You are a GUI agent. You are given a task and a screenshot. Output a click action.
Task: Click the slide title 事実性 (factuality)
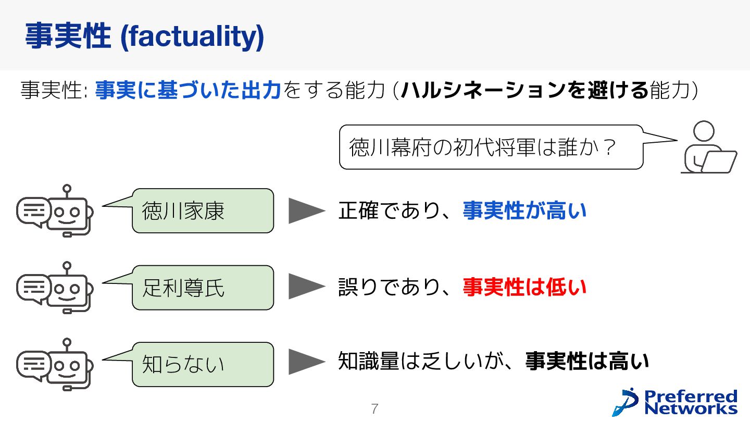[x=144, y=36]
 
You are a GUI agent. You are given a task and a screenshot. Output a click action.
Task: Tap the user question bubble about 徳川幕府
[x=491, y=147]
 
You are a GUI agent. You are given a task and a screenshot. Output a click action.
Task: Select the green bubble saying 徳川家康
[x=203, y=210]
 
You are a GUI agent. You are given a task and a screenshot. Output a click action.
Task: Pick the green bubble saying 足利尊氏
[x=203, y=288]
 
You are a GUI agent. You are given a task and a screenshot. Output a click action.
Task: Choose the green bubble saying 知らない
[x=203, y=364]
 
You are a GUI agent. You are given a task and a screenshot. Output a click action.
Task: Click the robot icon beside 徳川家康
[x=55, y=210]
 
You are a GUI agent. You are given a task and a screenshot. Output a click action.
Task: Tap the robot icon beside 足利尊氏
[x=55, y=288]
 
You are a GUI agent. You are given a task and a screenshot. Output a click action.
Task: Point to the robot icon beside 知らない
[x=55, y=364]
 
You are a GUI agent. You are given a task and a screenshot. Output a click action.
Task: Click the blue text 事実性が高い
[x=524, y=210]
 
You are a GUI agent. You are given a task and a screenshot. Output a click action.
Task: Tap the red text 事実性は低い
[x=524, y=287]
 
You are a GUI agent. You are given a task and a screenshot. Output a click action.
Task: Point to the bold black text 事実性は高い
[x=587, y=362]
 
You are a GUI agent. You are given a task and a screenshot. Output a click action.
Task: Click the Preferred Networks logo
[x=676, y=402]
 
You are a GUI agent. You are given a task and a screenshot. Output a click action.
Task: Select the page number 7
[x=374, y=409]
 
